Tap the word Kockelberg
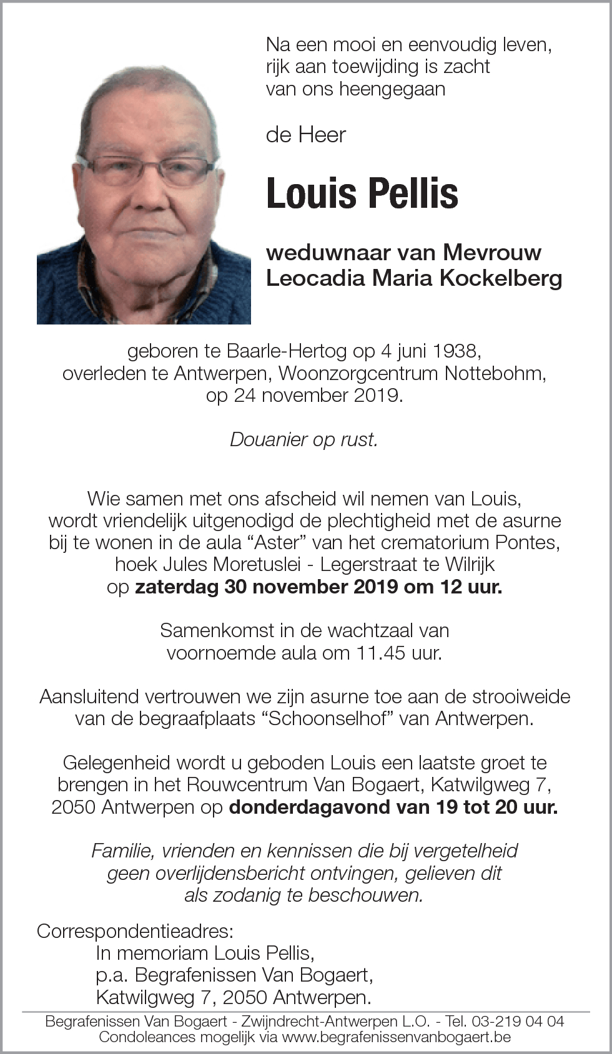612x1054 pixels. point(501,278)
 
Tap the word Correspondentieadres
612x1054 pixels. point(135,931)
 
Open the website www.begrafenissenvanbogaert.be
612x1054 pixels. point(397,1037)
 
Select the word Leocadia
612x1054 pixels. point(316,278)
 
